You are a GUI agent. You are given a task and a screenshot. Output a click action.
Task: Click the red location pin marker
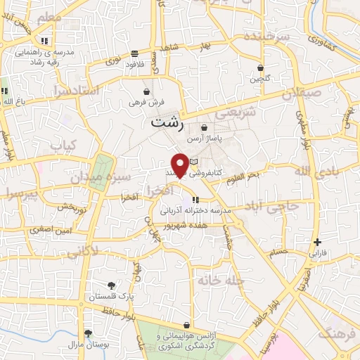tap(179, 165)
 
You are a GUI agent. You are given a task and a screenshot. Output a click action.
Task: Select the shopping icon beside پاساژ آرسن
tap(204, 128)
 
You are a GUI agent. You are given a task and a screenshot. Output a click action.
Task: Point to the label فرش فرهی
tap(146, 103)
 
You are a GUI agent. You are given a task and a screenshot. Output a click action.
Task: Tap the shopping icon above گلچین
tap(260, 68)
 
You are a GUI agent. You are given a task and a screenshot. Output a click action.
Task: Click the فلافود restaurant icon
tap(134, 53)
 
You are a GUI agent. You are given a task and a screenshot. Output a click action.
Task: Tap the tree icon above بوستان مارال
tap(88, 333)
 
